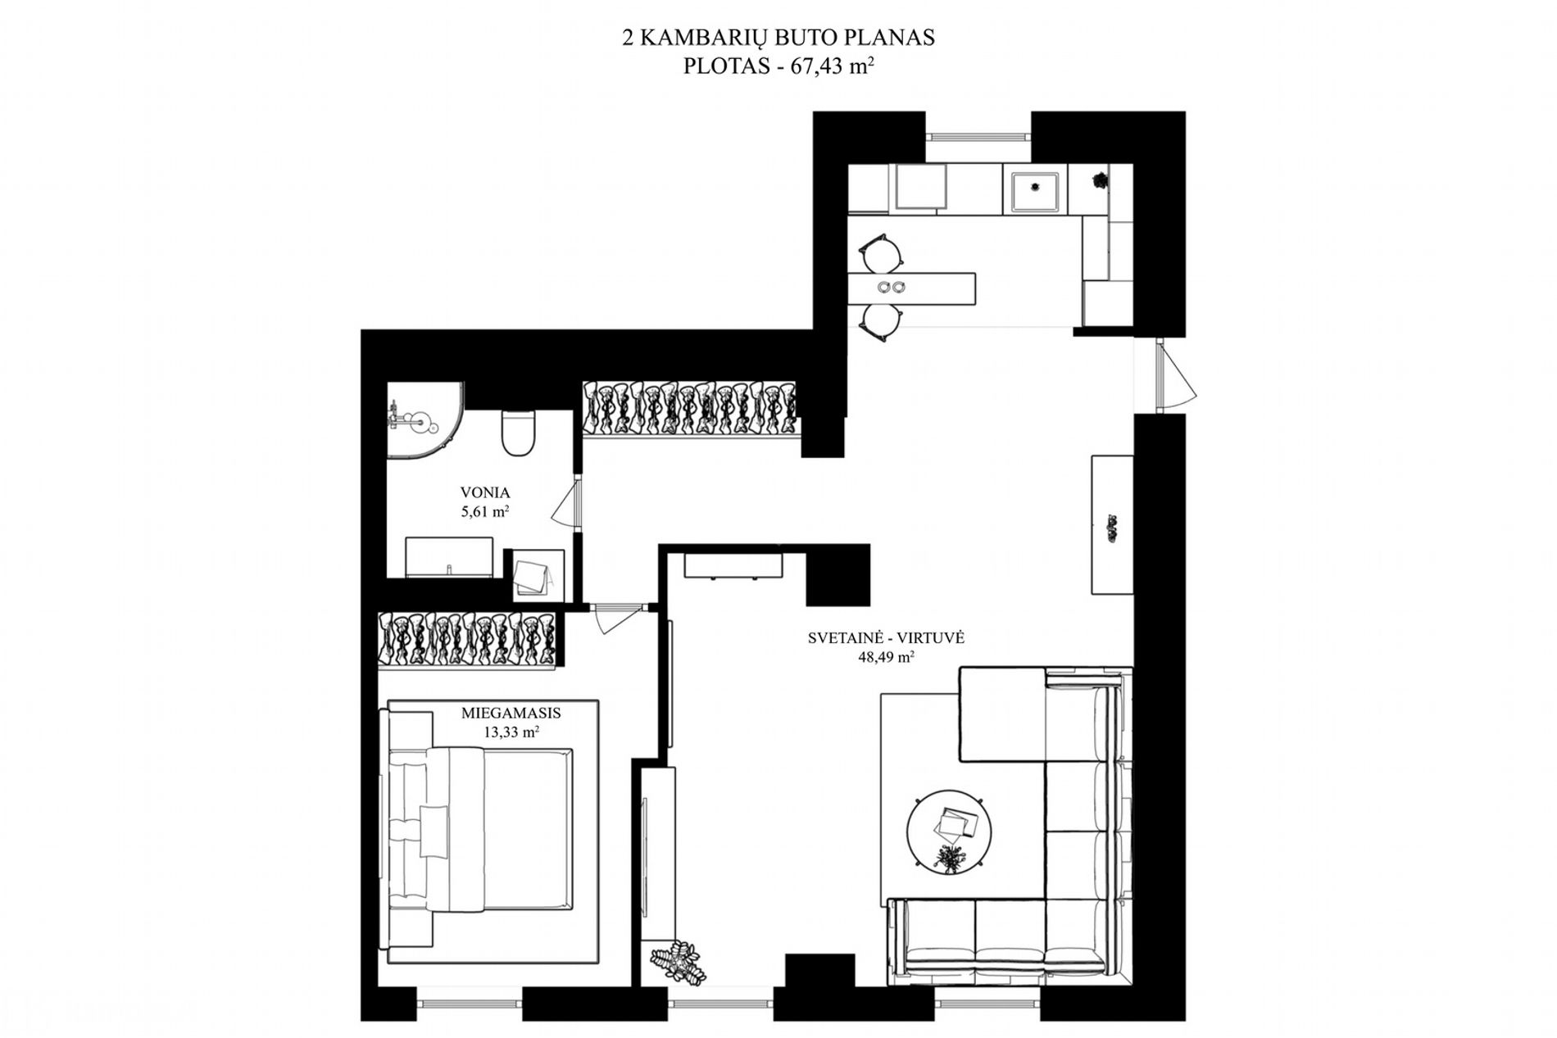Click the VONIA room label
[485, 492]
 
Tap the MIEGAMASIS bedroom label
[511, 713]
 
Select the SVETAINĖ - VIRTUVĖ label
[886, 637]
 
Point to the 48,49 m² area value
[885, 657]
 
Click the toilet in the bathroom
[518, 433]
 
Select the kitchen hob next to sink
[921, 188]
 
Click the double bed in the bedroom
[479, 829]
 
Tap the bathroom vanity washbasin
[449, 557]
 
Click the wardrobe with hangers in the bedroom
[468, 639]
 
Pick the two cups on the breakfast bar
[892, 287]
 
